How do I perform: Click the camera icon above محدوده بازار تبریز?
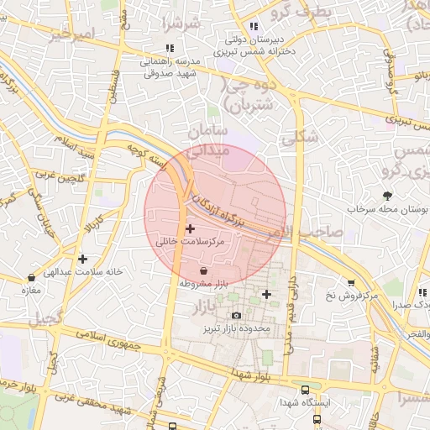(x=236, y=316)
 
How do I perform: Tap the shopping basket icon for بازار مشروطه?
(x=205, y=271)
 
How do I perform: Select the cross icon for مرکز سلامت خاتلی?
(x=190, y=228)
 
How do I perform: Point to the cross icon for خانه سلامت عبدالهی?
(x=81, y=259)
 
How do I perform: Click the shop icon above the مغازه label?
(x=32, y=277)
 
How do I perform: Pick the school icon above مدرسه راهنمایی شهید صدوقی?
(x=170, y=48)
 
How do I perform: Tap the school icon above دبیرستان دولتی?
(x=254, y=26)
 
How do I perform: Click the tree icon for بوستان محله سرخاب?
(x=387, y=195)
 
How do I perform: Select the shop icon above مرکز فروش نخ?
(x=350, y=284)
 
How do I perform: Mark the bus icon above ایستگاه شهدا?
(x=305, y=390)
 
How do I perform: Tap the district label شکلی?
(x=302, y=137)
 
